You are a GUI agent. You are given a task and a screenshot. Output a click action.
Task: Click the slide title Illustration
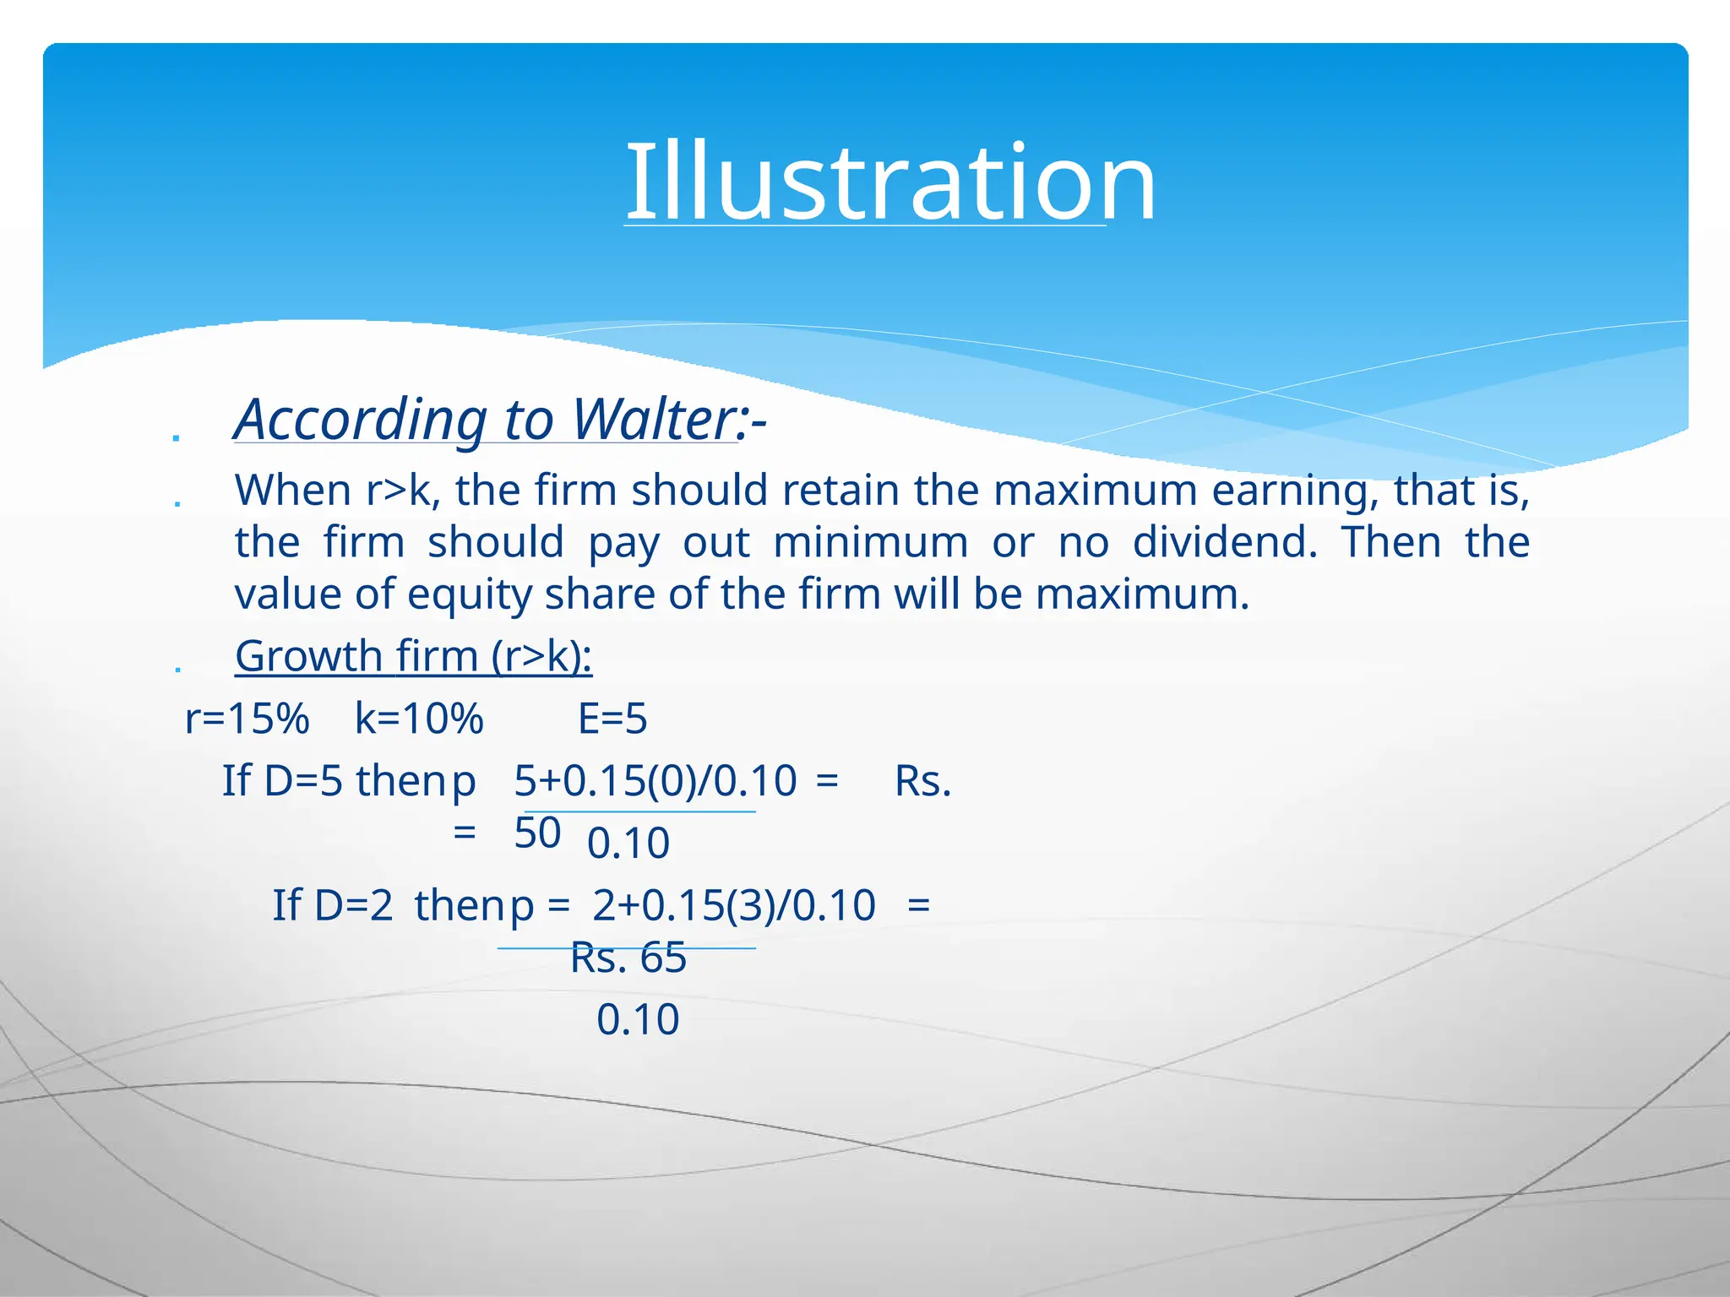pyautogui.click(x=890, y=182)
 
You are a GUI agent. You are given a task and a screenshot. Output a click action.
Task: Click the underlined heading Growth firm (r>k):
pyautogui.click(x=413, y=656)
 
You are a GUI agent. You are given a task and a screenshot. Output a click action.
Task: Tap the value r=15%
pyautogui.click(x=247, y=719)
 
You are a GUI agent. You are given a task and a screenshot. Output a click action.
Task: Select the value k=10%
pyautogui.click(x=419, y=719)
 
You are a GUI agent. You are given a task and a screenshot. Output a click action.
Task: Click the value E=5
pyautogui.click(x=612, y=719)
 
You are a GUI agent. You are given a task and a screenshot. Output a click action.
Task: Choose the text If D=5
pyautogui.click(x=282, y=781)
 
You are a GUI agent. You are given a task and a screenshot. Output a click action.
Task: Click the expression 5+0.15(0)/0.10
pyautogui.click(x=656, y=781)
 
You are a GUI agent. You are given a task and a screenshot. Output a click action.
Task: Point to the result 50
pyautogui.click(x=537, y=833)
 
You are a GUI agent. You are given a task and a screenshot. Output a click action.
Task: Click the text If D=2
pyautogui.click(x=332, y=905)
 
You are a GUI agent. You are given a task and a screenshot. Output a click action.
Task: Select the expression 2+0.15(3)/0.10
pyautogui.click(x=734, y=905)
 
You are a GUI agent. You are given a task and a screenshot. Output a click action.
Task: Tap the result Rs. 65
pyautogui.click(x=628, y=958)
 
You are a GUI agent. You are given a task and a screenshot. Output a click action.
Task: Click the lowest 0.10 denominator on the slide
pyautogui.click(x=638, y=1020)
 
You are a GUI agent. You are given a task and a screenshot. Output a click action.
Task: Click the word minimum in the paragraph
pyautogui.click(x=870, y=542)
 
